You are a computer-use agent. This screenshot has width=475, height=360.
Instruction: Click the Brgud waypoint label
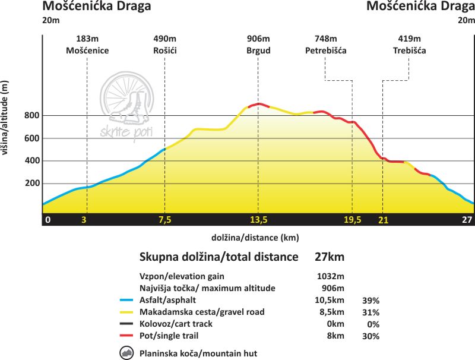click(258, 50)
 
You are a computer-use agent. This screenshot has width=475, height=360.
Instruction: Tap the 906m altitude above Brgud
click(258, 39)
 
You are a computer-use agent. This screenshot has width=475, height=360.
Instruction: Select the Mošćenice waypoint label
click(87, 50)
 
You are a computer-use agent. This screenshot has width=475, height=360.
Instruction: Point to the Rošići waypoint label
click(164, 50)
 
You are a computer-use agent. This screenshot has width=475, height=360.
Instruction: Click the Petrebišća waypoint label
click(325, 50)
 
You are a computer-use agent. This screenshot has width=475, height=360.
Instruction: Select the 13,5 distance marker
click(258, 220)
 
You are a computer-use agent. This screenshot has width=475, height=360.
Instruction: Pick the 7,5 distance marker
click(164, 220)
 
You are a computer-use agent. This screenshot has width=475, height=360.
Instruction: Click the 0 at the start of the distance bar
click(48, 220)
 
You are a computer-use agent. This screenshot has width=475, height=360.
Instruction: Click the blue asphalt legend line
click(125, 300)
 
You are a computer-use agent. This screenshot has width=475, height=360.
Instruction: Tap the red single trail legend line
click(125, 336)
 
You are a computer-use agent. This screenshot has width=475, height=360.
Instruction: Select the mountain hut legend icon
click(126, 353)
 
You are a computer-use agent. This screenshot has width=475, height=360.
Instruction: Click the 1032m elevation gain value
click(331, 276)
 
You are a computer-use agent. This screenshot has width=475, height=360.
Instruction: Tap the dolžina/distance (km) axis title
click(255, 238)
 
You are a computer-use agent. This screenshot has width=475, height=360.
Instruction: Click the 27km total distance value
click(329, 257)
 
